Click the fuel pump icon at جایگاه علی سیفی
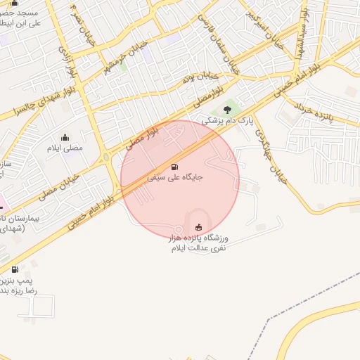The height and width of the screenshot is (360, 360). [174, 167]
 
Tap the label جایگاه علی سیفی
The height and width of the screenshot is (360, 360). [175, 178]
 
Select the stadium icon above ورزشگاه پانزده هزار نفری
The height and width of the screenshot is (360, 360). [198, 226]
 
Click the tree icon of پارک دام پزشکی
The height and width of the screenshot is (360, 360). [226, 109]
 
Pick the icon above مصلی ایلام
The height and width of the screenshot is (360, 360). [65, 137]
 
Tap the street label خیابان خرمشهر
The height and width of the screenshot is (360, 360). [126, 56]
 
